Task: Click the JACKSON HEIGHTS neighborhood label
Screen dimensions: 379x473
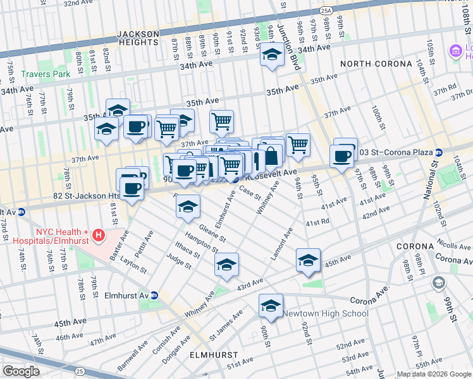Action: tap(138, 37)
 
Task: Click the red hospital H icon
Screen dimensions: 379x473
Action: tap(98, 236)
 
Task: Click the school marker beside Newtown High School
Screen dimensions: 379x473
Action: tap(271, 306)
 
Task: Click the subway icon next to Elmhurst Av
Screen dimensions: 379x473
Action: tap(154, 295)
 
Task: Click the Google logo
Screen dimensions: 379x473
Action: tap(21, 371)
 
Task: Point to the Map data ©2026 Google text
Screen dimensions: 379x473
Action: tap(433, 374)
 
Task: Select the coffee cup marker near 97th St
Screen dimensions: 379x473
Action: tap(342, 156)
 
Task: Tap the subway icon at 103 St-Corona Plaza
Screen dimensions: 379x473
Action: tap(439, 153)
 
